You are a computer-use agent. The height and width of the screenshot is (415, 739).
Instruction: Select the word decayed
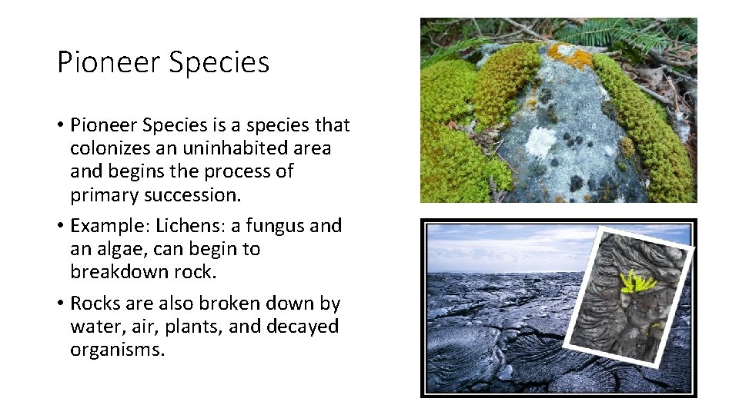[302, 327]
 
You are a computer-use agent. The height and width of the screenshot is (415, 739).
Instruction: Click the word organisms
[117, 351]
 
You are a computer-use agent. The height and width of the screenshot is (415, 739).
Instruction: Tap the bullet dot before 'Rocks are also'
[60, 304]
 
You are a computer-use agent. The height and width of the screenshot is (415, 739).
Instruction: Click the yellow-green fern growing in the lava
[637, 282]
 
